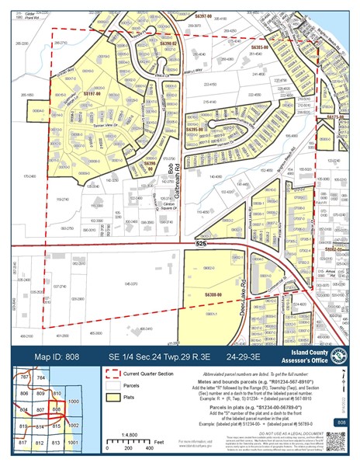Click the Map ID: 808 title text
[57, 356]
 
